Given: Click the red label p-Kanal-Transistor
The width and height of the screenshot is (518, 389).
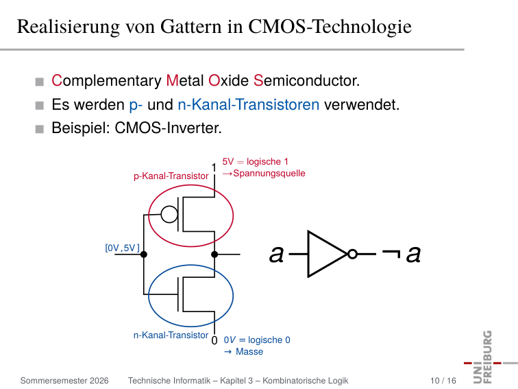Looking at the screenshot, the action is (x=171, y=176).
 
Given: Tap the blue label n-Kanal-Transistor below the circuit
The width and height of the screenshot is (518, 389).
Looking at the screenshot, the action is (x=171, y=335).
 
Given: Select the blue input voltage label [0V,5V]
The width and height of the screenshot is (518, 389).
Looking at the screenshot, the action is (x=122, y=248).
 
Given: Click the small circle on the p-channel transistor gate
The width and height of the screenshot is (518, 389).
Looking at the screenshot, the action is (x=169, y=214).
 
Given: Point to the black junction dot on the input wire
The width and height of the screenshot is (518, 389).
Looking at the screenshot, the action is (x=144, y=254).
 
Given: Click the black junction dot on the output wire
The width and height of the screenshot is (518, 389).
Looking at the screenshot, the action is (x=214, y=254).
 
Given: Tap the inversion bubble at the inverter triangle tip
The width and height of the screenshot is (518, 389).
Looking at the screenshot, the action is (x=352, y=254).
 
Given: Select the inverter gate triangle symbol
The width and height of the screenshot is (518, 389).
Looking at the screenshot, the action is (x=327, y=254).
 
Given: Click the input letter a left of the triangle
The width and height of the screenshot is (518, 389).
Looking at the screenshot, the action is (x=277, y=255).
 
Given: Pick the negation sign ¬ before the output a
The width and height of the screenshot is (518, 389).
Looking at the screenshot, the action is (x=391, y=253).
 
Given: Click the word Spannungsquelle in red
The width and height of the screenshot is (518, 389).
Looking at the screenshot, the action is (x=269, y=174).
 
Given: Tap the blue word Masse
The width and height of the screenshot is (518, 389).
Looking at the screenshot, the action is (x=249, y=351).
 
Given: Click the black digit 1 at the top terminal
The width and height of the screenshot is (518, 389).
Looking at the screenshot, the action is (x=214, y=167).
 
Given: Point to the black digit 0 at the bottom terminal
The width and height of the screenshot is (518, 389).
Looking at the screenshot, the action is (x=214, y=340).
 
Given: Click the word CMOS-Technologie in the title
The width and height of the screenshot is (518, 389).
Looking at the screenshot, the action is (x=330, y=27).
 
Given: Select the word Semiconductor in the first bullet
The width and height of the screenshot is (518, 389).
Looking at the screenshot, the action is (x=306, y=80).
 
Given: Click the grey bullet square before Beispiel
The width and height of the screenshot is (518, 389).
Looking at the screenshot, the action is (x=39, y=129).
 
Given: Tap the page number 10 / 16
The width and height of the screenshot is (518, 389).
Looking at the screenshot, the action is (x=443, y=381).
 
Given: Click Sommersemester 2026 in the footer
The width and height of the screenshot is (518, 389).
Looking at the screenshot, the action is (x=64, y=381).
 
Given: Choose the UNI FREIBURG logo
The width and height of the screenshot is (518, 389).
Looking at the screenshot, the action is (x=488, y=357).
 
